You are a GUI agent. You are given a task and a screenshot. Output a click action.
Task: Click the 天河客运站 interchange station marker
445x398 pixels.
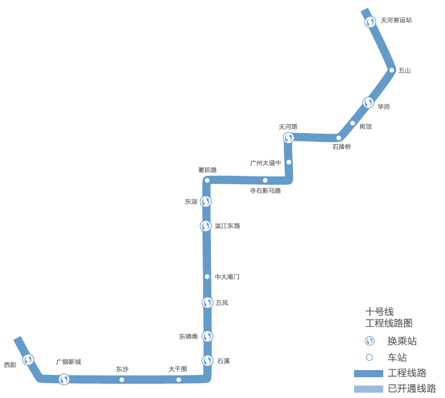click(x=370, y=22)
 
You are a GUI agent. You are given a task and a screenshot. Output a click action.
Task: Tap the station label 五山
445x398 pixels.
click(x=405, y=70)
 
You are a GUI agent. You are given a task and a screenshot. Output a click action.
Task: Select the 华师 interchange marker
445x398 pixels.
click(x=368, y=103)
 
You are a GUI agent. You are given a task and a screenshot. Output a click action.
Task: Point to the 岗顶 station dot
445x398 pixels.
click(x=353, y=124)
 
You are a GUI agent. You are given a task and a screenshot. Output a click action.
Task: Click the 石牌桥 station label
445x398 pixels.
click(x=342, y=147)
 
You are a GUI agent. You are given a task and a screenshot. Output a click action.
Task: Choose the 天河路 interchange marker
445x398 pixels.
click(x=288, y=138)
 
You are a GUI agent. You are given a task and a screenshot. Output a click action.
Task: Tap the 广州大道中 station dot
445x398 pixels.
click(x=289, y=162)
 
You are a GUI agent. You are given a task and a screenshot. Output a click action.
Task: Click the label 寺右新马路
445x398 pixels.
click(x=265, y=191)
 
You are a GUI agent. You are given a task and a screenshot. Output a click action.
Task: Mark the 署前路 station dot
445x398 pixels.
click(x=207, y=180)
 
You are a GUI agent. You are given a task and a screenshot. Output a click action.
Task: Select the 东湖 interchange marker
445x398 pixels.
click(x=206, y=201)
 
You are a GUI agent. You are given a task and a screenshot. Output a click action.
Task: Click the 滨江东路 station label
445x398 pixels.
click(x=228, y=226)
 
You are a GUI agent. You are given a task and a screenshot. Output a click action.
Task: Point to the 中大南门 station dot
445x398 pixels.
click(x=207, y=276)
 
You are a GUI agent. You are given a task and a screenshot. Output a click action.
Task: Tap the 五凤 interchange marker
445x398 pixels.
click(x=207, y=302)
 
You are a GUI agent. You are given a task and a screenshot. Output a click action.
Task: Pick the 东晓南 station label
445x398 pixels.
click(x=188, y=336)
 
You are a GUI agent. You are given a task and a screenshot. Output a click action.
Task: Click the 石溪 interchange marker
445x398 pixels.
click(x=207, y=360)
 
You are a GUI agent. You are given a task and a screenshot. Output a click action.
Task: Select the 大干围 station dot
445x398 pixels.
click(x=179, y=380)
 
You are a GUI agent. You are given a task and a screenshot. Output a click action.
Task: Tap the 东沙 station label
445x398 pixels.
click(x=122, y=369)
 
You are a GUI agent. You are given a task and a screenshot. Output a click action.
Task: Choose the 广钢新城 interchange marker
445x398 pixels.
click(x=64, y=379)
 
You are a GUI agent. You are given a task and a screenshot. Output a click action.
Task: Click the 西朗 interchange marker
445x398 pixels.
click(x=28, y=359)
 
